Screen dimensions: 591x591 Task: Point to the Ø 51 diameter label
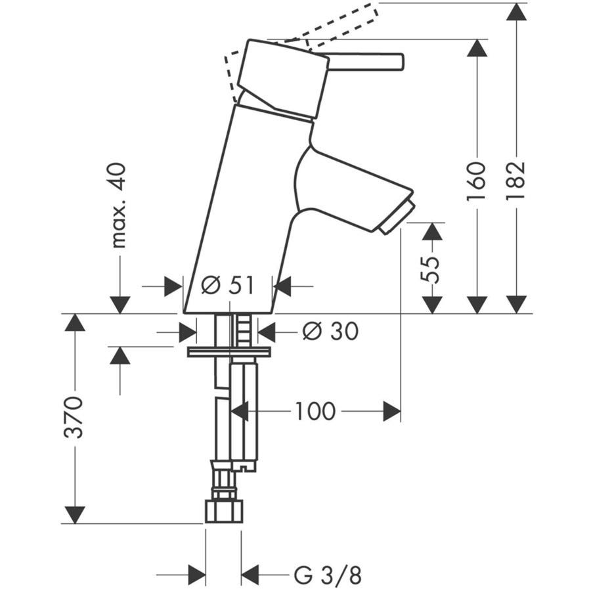click(x=227, y=286)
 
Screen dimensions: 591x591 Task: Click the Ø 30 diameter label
click(x=330, y=332)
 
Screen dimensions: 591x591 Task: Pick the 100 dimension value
click(x=315, y=412)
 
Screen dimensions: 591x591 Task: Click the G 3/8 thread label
click(x=328, y=575)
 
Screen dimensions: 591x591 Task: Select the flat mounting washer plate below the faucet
click(x=229, y=352)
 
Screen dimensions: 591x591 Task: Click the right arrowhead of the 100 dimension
click(x=392, y=412)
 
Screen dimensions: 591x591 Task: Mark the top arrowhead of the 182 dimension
click(x=517, y=11)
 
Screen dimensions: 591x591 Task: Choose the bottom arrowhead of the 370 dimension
click(x=76, y=515)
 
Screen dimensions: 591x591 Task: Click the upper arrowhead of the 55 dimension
click(x=431, y=232)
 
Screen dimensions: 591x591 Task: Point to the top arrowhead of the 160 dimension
click(x=477, y=47)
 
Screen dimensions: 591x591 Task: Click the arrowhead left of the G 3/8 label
click(x=197, y=575)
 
